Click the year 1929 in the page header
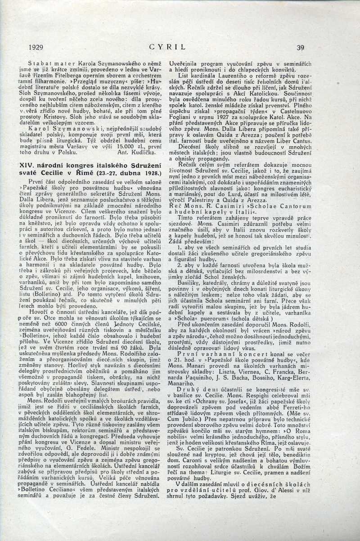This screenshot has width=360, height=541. pos(36,47)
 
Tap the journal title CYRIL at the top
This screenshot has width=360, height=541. pos(167,46)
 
